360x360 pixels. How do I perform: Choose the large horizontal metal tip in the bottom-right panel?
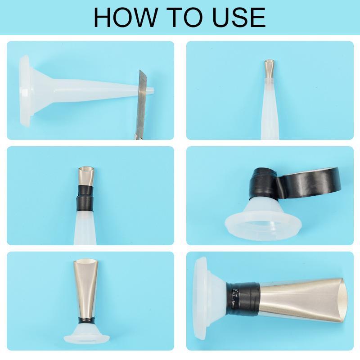[x=301, y=299]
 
